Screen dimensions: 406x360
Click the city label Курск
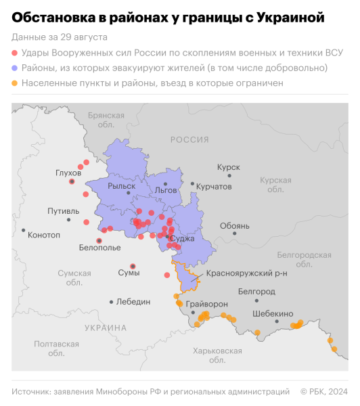point(228,166)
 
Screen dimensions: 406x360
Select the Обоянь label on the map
point(234,225)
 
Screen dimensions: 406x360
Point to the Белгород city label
point(256,291)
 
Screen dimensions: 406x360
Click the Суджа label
point(182,238)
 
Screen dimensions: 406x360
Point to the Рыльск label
point(131,185)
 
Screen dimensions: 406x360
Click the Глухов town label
point(68,173)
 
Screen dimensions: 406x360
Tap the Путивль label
point(63,211)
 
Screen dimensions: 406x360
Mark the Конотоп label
point(43,235)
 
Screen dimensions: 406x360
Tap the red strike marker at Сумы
point(133,266)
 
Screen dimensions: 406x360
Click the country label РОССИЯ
point(189,139)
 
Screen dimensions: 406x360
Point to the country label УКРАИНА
point(106,328)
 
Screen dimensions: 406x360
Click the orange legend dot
point(15,83)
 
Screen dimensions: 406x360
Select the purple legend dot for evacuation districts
point(15,68)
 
